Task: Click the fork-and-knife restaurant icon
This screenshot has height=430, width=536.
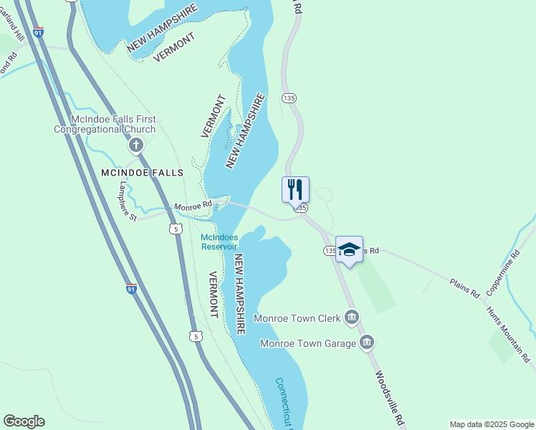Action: pos(295,190)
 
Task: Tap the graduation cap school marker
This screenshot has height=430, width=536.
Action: pos(349,249)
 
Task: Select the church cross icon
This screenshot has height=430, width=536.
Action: pos(135,146)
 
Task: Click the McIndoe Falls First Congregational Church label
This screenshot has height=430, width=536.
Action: pos(105,124)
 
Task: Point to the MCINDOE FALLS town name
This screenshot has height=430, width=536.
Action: pos(142,173)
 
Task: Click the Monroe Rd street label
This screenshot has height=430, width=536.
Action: pos(192,206)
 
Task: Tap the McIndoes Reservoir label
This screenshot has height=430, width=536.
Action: pos(219,242)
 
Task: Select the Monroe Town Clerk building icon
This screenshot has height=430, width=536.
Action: pos(351,316)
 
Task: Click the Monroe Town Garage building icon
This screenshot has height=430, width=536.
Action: pos(367,343)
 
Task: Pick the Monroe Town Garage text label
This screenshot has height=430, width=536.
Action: pos(308,343)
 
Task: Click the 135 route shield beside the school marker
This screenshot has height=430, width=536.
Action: pos(329,251)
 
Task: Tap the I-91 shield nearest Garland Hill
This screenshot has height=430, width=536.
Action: pos(39,32)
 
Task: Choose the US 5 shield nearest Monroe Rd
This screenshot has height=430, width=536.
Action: pos(176,229)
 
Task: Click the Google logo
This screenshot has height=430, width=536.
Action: pos(24,421)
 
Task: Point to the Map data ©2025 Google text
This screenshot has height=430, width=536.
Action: pos(492,424)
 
